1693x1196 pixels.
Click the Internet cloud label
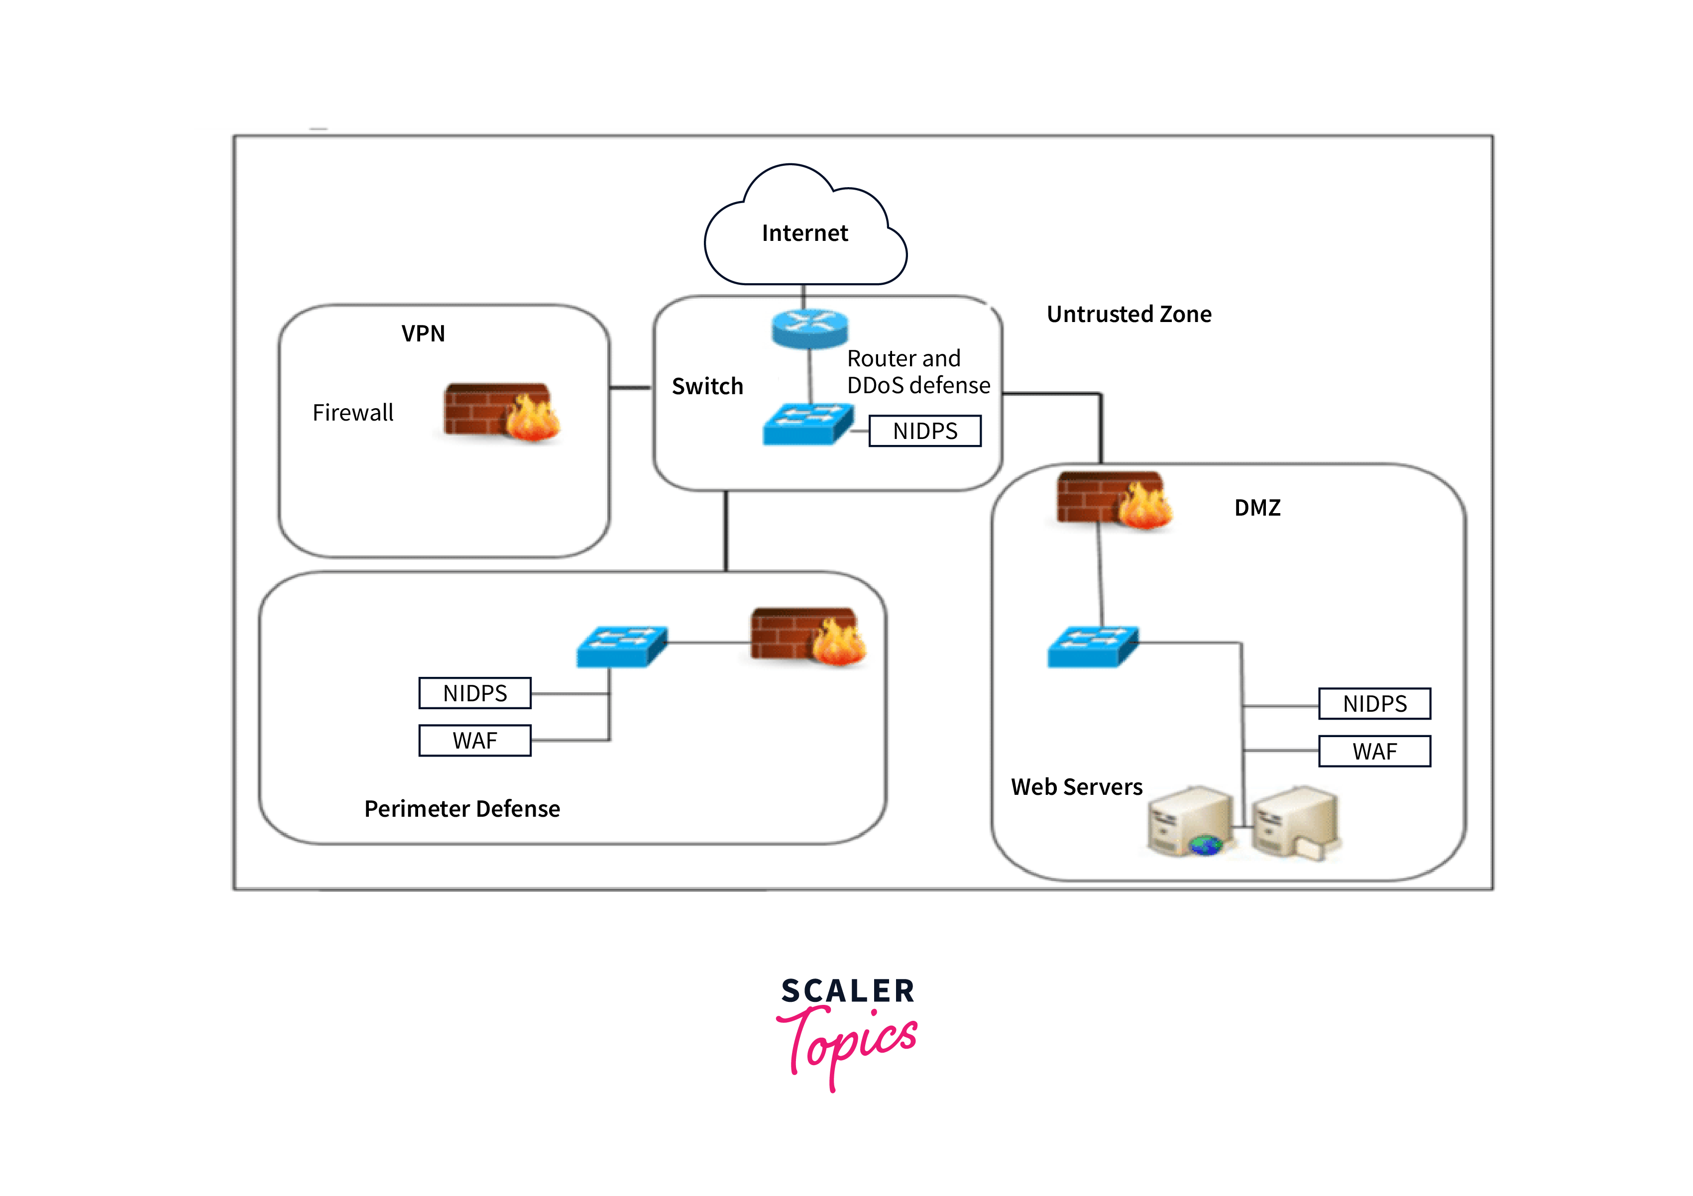pos(804,233)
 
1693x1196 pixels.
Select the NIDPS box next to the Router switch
pos(925,431)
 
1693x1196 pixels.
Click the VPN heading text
pos(423,333)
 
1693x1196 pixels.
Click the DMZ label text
pos(1257,507)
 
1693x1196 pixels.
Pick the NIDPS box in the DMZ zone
pos(1374,703)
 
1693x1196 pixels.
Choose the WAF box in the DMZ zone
pos(1374,752)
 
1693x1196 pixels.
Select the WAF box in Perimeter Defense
pos(475,740)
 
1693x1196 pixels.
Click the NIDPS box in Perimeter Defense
pos(475,693)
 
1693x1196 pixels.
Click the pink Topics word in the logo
pos(848,1043)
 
